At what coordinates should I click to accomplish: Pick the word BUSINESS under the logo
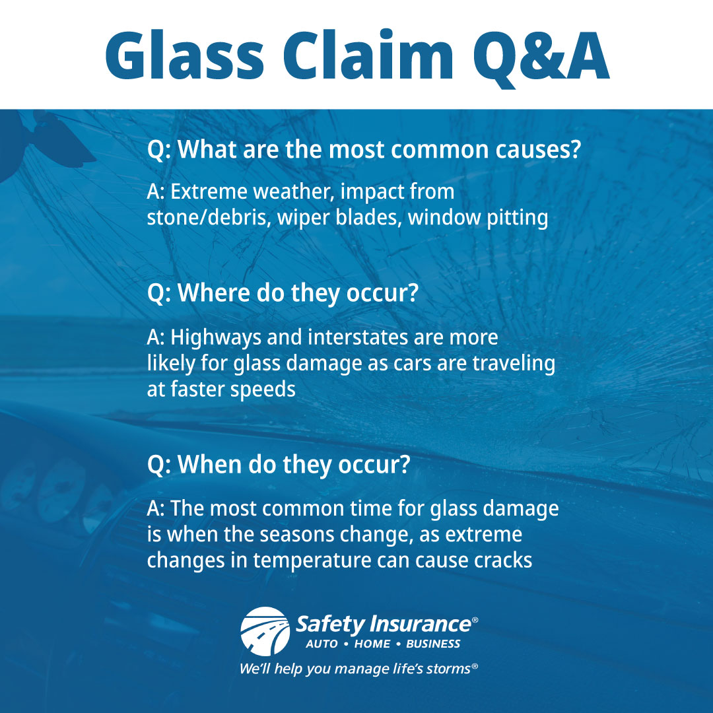(x=433, y=644)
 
